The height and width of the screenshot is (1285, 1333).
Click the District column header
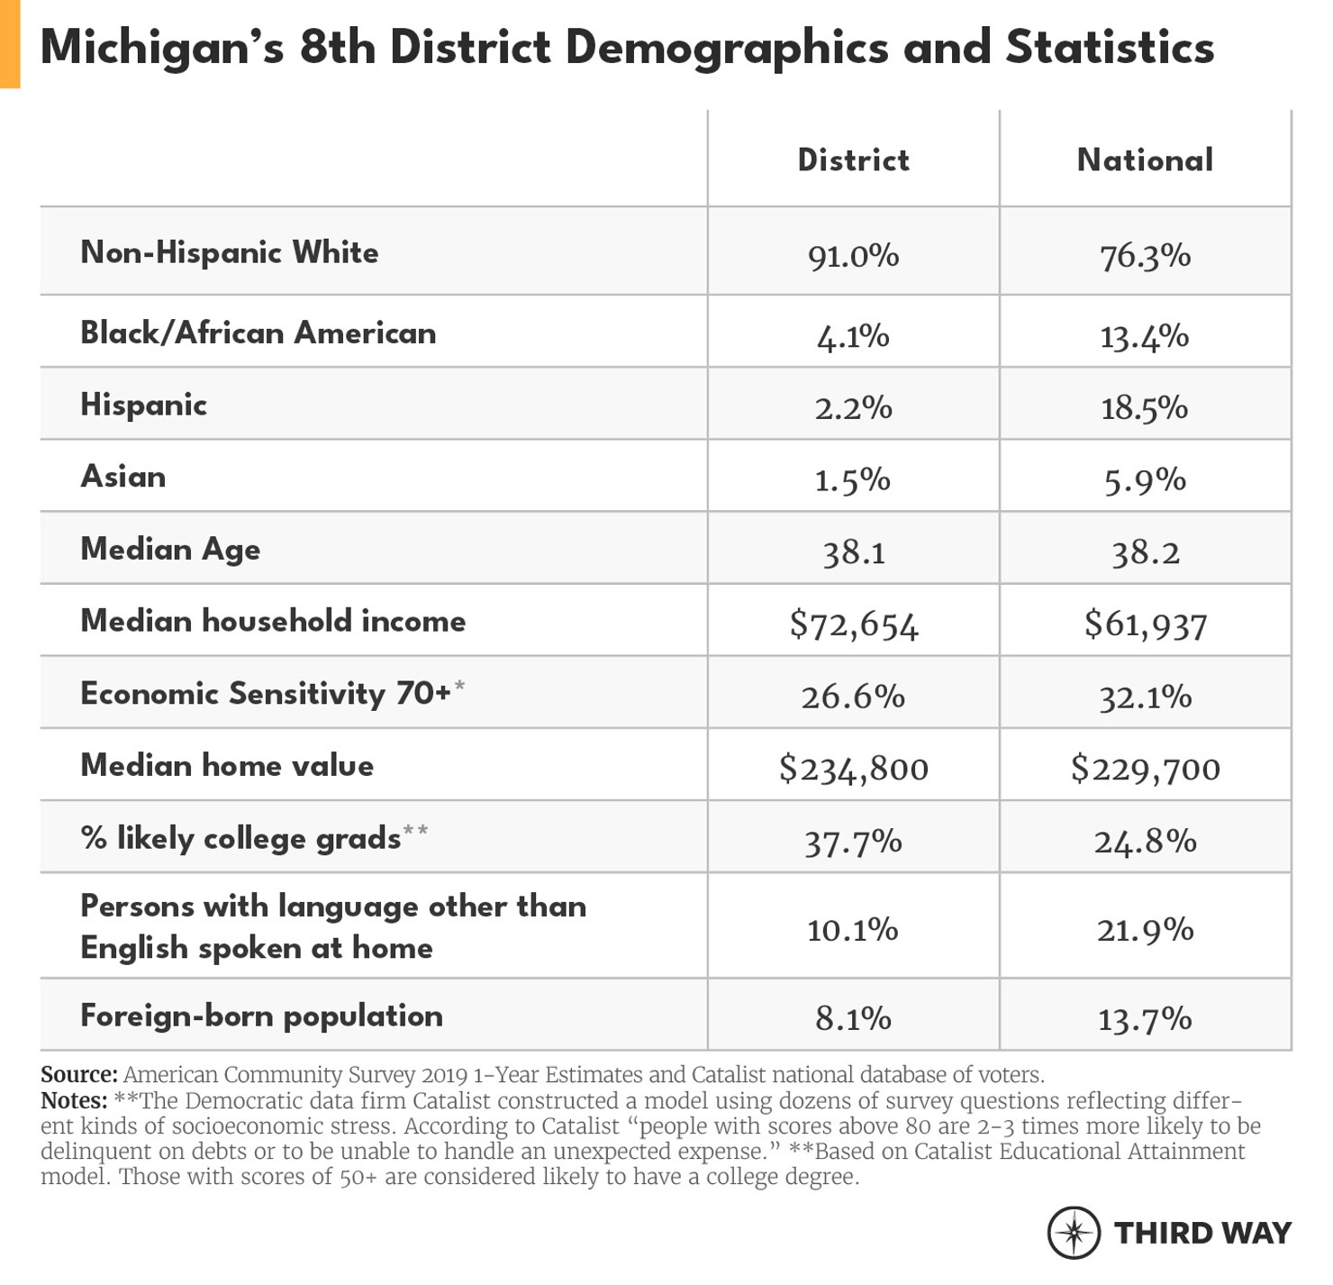click(x=853, y=160)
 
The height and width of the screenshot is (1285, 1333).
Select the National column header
click(x=1145, y=160)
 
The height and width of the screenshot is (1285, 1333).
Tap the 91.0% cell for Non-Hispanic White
click(x=853, y=256)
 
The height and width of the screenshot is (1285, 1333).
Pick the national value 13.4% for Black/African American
click(x=1145, y=337)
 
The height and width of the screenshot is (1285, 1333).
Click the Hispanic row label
click(x=144, y=405)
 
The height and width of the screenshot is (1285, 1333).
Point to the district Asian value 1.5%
click(x=853, y=480)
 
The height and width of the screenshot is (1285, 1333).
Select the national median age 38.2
click(x=1145, y=552)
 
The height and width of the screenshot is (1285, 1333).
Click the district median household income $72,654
click(x=853, y=624)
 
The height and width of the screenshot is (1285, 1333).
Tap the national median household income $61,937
click(x=1145, y=624)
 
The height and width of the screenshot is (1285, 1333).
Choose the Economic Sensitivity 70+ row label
click(x=266, y=694)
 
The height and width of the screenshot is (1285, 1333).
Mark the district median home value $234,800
click(x=853, y=769)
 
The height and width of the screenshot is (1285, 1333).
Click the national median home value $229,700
click(x=1145, y=769)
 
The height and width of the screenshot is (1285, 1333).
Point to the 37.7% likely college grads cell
click(x=853, y=842)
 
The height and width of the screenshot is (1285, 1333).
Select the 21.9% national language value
click(x=1145, y=929)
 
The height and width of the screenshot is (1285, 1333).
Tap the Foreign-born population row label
click(x=261, y=1016)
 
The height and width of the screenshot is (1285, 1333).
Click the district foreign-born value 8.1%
click(x=853, y=1019)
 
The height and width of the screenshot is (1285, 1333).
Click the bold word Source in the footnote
click(x=78, y=1075)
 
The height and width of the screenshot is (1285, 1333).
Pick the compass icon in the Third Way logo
click(x=1074, y=1232)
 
